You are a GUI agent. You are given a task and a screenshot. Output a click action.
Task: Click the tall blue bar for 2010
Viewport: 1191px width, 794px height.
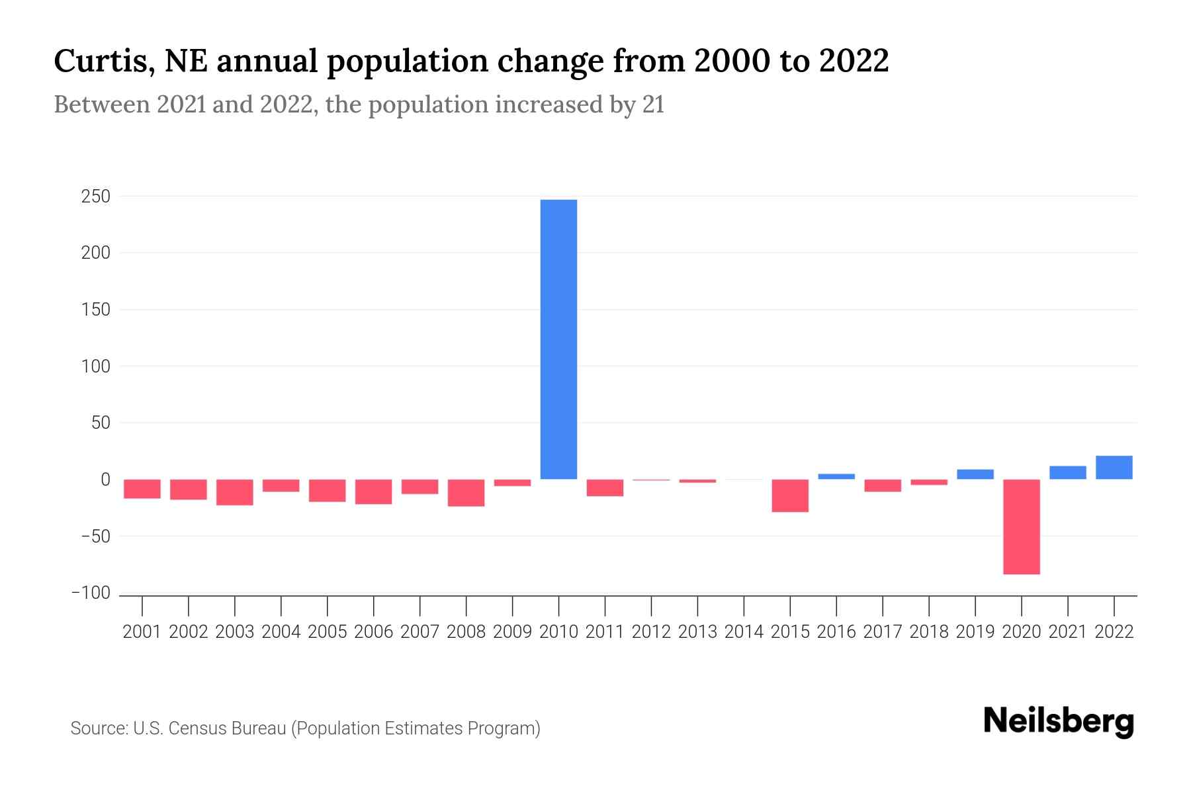pos(558,339)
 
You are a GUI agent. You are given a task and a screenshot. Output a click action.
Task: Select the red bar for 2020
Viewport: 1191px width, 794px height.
pos(1021,527)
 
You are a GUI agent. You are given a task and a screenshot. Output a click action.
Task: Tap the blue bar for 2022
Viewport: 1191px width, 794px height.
pos(1114,467)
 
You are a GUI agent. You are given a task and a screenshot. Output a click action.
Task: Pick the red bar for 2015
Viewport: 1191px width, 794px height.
pos(790,496)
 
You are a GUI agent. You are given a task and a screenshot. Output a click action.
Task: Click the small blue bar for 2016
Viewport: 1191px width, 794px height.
pos(836,476)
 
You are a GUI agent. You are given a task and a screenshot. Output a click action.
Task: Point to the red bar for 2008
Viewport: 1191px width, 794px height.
pos(466,493)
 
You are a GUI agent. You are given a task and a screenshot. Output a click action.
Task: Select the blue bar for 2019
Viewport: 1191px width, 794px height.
pos(975,474)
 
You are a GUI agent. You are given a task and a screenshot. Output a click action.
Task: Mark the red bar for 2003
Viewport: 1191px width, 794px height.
pos(235,492)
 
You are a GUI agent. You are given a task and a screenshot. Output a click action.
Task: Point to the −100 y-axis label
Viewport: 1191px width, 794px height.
pos(91,593)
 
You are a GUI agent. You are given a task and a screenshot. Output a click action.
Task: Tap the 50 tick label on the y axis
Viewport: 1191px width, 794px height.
pos(101,423)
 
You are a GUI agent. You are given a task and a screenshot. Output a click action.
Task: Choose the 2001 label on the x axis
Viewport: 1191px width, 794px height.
pos(142,632)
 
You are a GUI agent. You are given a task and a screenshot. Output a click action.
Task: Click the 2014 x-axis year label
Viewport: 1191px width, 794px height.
pos(744,632)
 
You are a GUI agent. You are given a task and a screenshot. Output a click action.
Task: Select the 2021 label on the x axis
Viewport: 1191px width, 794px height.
pos(1067,632)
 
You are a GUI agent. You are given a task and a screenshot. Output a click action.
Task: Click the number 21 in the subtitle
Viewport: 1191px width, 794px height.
pos(653,105)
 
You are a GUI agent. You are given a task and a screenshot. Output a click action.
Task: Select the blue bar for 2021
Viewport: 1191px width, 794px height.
pos(1067,472)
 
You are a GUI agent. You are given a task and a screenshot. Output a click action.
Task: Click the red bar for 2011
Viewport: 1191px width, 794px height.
pos(605,488)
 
